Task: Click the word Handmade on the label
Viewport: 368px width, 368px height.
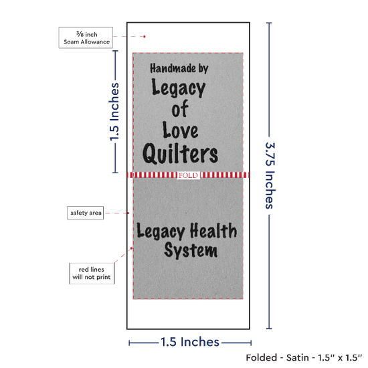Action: (x=173, y=68)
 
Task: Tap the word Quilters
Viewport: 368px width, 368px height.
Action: (x=180, y=154)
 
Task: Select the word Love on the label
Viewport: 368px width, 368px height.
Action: (x=181, y=130)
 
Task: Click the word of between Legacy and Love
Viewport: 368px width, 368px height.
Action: (x=180, y=108)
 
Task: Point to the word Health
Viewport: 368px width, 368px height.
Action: (x=213, y=230)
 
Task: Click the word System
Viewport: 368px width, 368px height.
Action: (x=191, y=250)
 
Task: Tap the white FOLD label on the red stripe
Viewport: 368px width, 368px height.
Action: (x=189, y=175)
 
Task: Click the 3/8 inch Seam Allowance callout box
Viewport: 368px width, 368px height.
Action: (x=86, y=37)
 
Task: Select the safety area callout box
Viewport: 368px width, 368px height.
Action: (x=86, y=213)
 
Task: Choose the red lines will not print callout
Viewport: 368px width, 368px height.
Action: (x=92, y=274)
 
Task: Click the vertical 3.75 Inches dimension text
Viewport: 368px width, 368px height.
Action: (x=270, y=175)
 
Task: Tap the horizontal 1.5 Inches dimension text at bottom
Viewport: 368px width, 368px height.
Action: (x=190, y=342)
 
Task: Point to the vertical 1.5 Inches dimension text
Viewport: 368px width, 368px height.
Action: (x=114, y=112)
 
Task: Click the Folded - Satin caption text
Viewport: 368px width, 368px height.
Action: (x=304, y=358)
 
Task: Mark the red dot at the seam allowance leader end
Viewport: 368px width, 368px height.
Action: (x=145, y=37)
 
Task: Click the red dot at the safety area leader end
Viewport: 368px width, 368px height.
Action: (x=128, y=213)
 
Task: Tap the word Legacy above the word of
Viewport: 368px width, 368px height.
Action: (x=179, y=88)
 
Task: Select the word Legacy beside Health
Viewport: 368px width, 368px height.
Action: (x=161, y=232)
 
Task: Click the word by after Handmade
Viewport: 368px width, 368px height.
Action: (x=203, y=69)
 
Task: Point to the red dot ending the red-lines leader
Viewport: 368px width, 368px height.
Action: (x=131, y=248)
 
